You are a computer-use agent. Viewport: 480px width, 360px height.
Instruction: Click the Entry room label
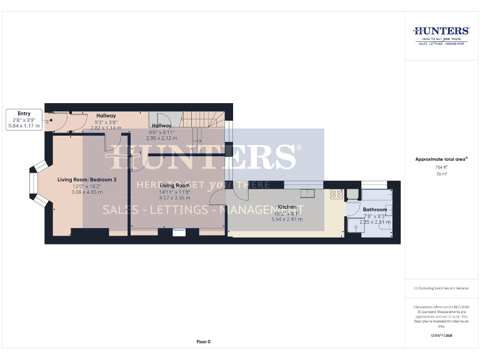coord(24,114)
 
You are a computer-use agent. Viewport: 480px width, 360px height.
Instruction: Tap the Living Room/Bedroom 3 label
coord(87,180)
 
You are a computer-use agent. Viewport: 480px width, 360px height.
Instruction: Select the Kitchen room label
coord(287,207)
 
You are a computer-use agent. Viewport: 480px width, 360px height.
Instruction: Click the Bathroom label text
coord(374,209)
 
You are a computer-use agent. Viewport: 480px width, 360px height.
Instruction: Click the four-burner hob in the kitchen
coord(336,194)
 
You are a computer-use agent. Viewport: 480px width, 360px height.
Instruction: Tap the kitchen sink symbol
coord(309,192)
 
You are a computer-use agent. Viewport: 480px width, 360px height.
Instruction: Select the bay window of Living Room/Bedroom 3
coord(37,184)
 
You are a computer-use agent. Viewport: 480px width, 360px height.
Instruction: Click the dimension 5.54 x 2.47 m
coord(287,219)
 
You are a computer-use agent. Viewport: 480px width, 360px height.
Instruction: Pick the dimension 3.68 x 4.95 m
coord(87,192)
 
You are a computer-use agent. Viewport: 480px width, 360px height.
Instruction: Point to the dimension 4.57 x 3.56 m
coord(174,197)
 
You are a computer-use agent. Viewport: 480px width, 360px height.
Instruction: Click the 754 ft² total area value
coord(441,167)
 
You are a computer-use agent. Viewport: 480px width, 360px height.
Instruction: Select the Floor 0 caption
coord(204,342)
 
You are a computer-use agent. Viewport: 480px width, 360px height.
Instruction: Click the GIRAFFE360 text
coord(441,336)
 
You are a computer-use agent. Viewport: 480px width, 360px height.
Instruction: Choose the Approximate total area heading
coord(441,159)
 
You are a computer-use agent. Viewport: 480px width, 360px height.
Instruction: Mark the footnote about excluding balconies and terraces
coord(441,288)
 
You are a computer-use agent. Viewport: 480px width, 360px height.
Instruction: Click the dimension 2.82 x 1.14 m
coord(106,127)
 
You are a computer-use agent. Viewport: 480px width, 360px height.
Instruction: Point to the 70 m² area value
coord(441,174)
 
